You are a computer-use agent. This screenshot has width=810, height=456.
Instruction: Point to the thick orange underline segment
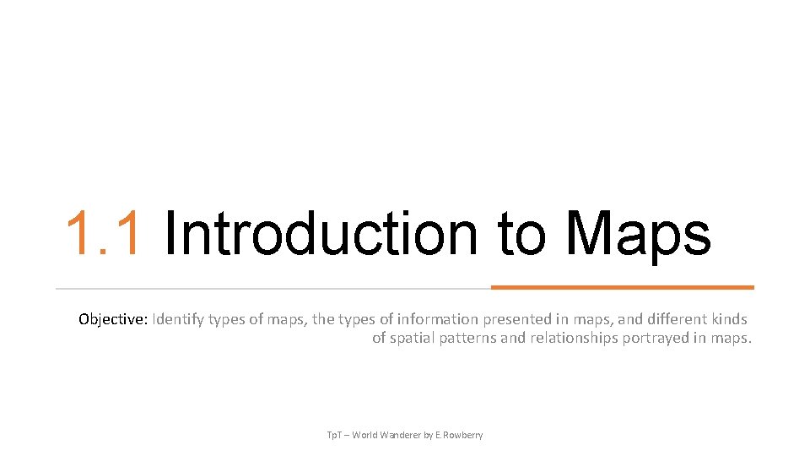(622, 287)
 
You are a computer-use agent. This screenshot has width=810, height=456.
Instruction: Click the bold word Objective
(113, 320)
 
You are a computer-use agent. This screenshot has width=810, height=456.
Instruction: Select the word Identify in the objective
(179, 320)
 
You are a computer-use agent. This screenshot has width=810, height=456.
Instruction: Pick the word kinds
(730, 320)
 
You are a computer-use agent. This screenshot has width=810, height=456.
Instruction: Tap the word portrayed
(654, 339)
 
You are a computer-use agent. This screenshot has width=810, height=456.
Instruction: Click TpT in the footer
(335, 435)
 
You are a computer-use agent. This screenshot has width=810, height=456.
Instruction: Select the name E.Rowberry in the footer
(459, 435)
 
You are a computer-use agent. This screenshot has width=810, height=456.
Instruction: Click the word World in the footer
(365, 435)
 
